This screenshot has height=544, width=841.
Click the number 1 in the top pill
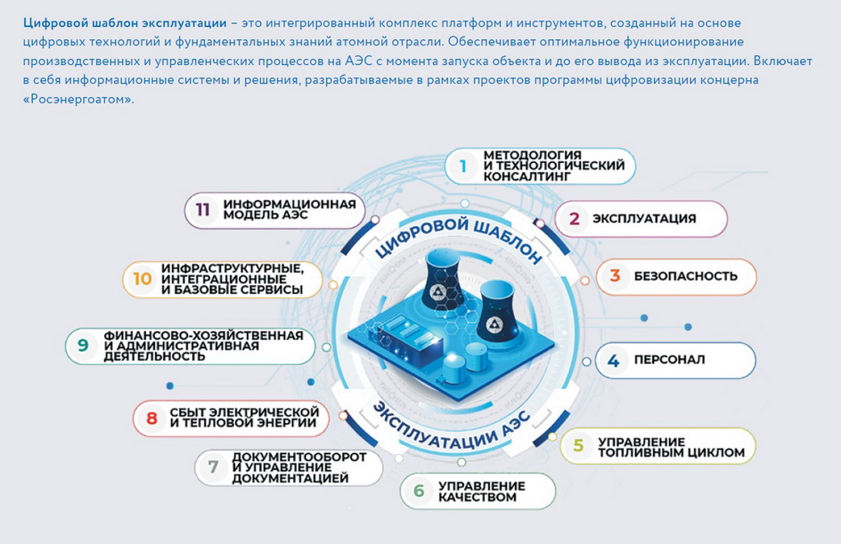tap(463, 166)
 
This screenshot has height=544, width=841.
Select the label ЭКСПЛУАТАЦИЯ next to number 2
tap(644, 219)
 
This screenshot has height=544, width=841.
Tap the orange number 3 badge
tap(615, 276)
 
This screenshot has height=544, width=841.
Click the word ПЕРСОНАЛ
tap(669, 360)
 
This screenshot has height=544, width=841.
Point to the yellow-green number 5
tap(578, 445)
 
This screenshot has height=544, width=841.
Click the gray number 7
tap(213, 467)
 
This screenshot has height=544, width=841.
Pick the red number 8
tap(151, 418)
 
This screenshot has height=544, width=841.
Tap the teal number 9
tap(83, 345)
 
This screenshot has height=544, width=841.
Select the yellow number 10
tap(143, 279)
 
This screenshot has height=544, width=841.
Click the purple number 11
tap(202, 209)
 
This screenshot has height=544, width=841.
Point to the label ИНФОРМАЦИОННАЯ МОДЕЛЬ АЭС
tap(290, 209)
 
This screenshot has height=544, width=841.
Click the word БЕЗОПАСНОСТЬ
tap(686, 276)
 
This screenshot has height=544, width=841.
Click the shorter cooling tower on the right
tap(498, 310)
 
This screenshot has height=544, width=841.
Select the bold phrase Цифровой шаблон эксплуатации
tap(125, 23)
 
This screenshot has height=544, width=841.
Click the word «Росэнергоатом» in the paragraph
tap(78, 99)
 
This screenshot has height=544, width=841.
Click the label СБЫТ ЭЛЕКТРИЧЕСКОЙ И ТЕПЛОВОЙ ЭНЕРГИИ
tap(244, 418)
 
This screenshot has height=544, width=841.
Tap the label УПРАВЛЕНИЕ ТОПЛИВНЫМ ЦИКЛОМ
tap(672, 448)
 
